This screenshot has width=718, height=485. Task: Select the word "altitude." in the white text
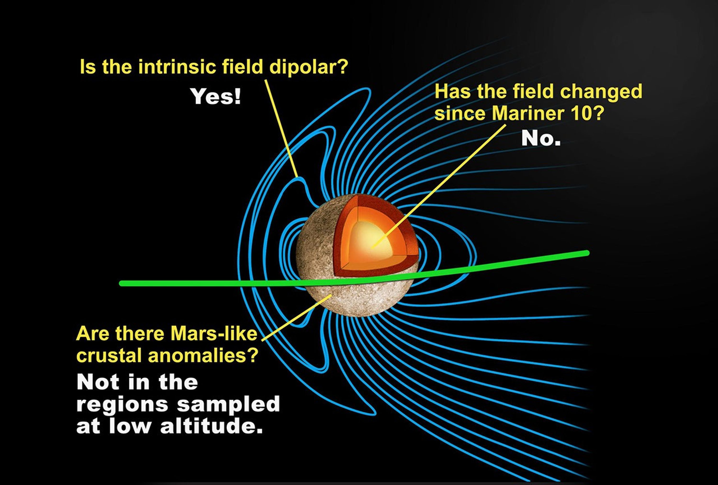(211, 426)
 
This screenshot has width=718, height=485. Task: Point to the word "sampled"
(228, 405)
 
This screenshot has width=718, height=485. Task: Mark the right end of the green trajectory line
(587, 253)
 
